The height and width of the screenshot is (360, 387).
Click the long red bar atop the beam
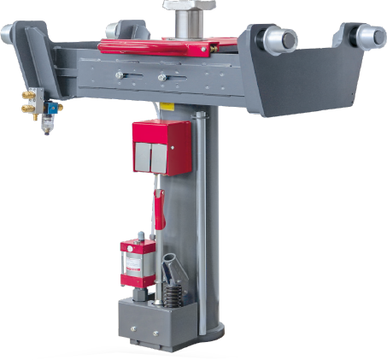click(x=154, y=45)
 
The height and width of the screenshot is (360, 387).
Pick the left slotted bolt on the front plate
click(x=120, y=77)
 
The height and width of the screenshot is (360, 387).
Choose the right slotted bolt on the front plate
click(x=161, y=78)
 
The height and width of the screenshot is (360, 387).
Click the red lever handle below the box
click(x=157, y=209)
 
